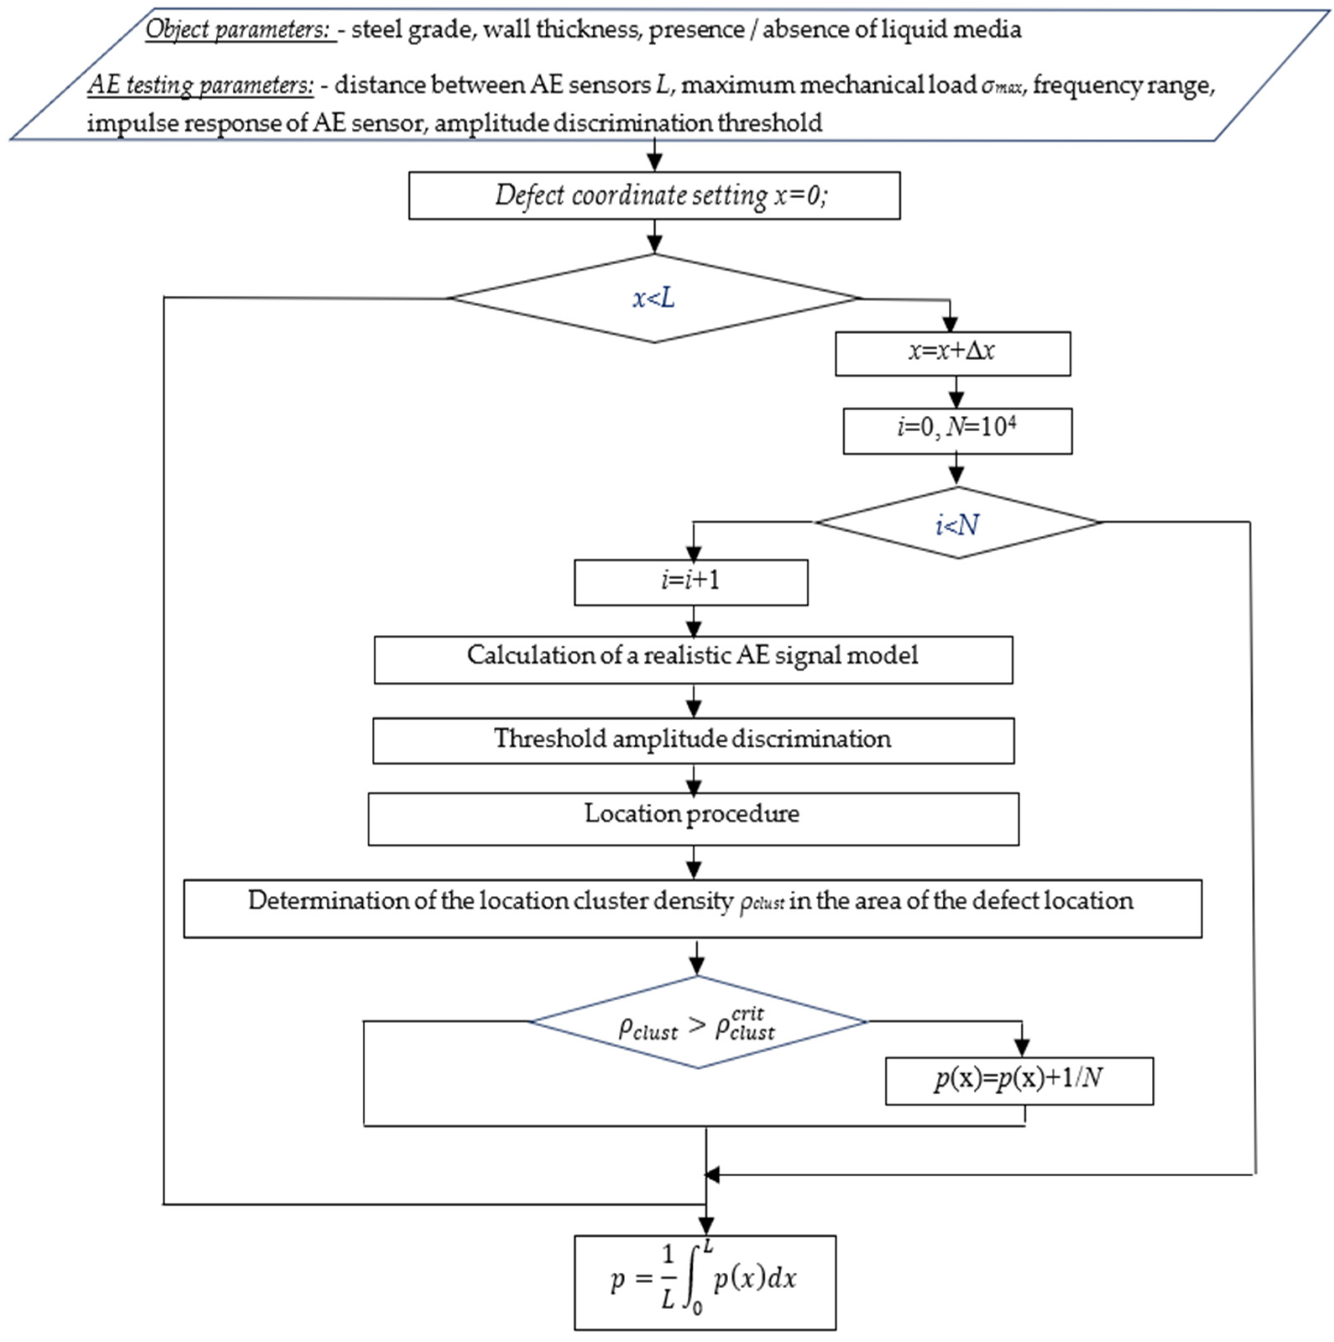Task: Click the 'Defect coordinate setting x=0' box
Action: pyautogui.click(x=654, y=196)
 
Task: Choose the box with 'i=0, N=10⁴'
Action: pyautogui.click(x=957, y=431)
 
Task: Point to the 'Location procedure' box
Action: pyautogui.click(x=693, y=818)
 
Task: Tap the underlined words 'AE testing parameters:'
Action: pyautogui.click(x=201, y=86)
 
